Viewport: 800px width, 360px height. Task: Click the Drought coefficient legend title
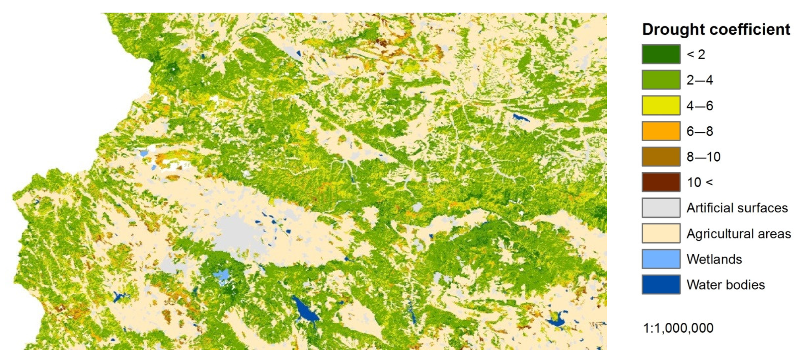tap(716, 29)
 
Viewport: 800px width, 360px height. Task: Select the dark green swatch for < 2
tap(661, 54)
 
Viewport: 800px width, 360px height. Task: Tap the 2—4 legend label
tap(699, 80)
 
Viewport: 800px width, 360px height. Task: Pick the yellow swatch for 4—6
tap(661, 105)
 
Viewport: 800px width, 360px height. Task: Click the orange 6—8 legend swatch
tap(661, 131)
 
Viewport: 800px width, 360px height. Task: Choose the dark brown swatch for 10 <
tap(661, 182)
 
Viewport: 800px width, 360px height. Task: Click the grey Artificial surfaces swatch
tap(661, 208)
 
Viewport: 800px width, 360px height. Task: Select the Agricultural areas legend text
tap(739, 234)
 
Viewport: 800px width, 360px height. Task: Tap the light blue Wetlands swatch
tap(661, 259)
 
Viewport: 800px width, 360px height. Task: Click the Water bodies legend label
tap(725, 285)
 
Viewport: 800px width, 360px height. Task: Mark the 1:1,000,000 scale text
tap(678, 328)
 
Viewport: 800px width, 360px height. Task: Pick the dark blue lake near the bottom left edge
tap(118, 296)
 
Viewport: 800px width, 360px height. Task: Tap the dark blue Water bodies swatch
tap(661, 284)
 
